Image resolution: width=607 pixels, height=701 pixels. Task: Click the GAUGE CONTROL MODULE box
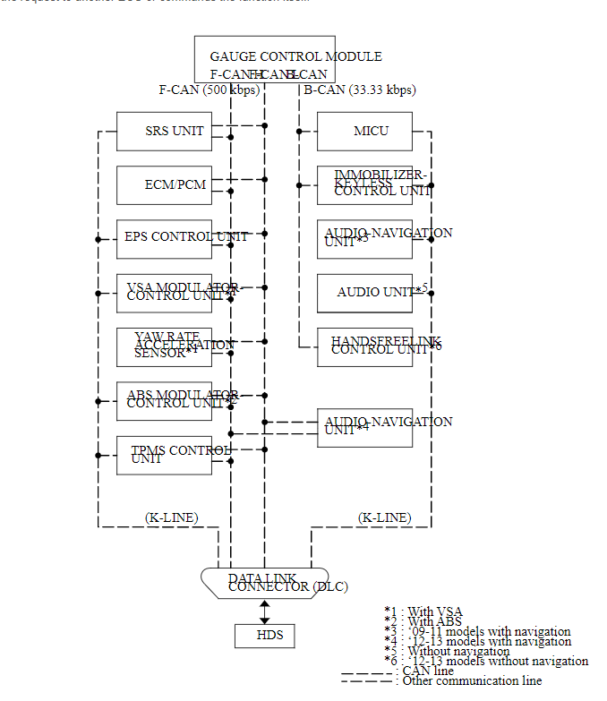[264, 59]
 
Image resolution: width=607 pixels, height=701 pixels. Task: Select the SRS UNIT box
[165, 132]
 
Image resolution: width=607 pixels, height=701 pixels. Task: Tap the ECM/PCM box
[165, 185]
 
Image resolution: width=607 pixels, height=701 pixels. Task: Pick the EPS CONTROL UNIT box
[165, 239]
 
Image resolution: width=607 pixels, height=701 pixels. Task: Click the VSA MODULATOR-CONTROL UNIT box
[165, 293]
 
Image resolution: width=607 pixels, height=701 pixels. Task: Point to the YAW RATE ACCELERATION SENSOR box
[165, 346]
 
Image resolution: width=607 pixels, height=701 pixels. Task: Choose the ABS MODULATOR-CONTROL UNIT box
[165, 400]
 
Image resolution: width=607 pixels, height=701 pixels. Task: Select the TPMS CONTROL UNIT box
[165, 455]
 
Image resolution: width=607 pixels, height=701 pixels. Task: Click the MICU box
[365, 132]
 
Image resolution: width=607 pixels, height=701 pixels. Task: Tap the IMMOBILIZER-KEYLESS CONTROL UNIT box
[365, 185]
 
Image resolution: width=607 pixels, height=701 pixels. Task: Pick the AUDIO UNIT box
[365, 293]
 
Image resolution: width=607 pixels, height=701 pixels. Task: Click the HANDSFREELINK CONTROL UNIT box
[365, 346]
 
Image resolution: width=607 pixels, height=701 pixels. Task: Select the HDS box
[264, 636]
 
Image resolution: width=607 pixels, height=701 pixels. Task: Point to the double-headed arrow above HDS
[264, 611]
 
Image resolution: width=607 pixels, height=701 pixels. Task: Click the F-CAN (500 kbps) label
[209, 90]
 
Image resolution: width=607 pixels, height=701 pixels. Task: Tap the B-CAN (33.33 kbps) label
[359, 90]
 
